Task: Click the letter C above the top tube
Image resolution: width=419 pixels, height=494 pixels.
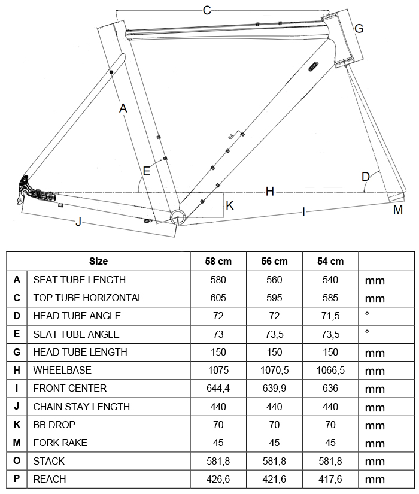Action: coord(207,10)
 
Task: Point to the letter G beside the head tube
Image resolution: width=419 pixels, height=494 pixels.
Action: coord(359,28)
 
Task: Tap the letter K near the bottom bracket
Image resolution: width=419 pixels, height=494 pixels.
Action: coord(229,205)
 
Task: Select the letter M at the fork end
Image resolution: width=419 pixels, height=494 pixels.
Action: coord(397,210)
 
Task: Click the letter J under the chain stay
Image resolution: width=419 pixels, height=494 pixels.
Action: coord(78,222)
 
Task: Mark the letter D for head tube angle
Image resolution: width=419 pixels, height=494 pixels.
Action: coord(365,177)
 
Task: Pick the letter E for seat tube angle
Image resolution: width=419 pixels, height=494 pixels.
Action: coord(146,171)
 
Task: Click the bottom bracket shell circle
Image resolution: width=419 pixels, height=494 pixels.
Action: coord(178,216)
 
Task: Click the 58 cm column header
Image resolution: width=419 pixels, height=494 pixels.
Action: coord(218,261)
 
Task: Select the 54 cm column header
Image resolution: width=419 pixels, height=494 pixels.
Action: coord(330,261)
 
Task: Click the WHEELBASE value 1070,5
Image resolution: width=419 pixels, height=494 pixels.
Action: coord(274,370)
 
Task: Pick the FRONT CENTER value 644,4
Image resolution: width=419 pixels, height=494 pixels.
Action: coord(218,388)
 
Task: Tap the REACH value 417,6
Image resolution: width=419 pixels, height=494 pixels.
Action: coord(330,479)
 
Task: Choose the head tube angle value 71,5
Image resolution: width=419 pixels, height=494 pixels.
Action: coord(330,316)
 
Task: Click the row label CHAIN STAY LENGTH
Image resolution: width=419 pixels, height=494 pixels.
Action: coord(81,407)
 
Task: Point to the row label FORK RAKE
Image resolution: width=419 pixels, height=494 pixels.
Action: coord(60,443)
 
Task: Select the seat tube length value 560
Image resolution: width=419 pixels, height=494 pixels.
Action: coord(274,280)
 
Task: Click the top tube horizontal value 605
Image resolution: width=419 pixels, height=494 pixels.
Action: coord(218,298)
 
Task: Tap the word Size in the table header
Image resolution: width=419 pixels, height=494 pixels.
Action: coord(98,261)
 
